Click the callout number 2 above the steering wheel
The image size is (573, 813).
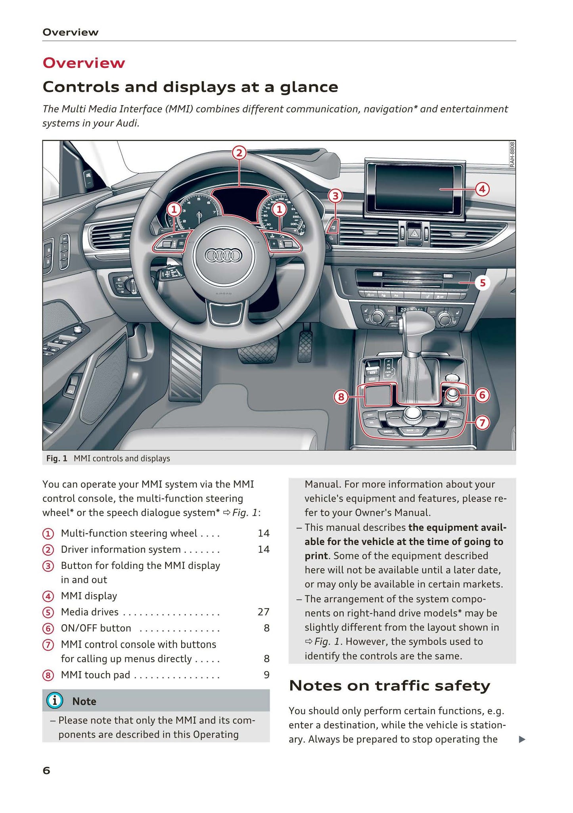click(x=239, y=153)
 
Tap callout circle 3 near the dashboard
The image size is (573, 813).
click(x=335, y=196)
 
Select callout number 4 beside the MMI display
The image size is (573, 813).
click(x=482, y=189)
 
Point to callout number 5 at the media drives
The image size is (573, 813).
click(x=482, y=283)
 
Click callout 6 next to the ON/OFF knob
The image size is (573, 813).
click(x=482, y=395)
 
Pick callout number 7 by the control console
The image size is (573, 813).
click(x=482, y=423)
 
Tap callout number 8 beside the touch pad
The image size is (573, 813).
click(x=341, y=397)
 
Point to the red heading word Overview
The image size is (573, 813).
click(x=84, y=63)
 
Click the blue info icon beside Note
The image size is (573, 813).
click(x=54, y=701)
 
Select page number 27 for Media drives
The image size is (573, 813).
click(x=263, y=612)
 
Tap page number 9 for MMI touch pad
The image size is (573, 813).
click(x=266, y=675)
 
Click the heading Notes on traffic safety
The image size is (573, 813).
click(x=389, y=685)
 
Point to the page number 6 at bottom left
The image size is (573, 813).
click(x=46, y=771)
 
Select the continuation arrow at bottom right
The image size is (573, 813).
click(x=522, y=739)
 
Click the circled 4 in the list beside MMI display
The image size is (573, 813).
click(x=48, y=596)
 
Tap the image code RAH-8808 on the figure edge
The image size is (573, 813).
click(x=512, y=155)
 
